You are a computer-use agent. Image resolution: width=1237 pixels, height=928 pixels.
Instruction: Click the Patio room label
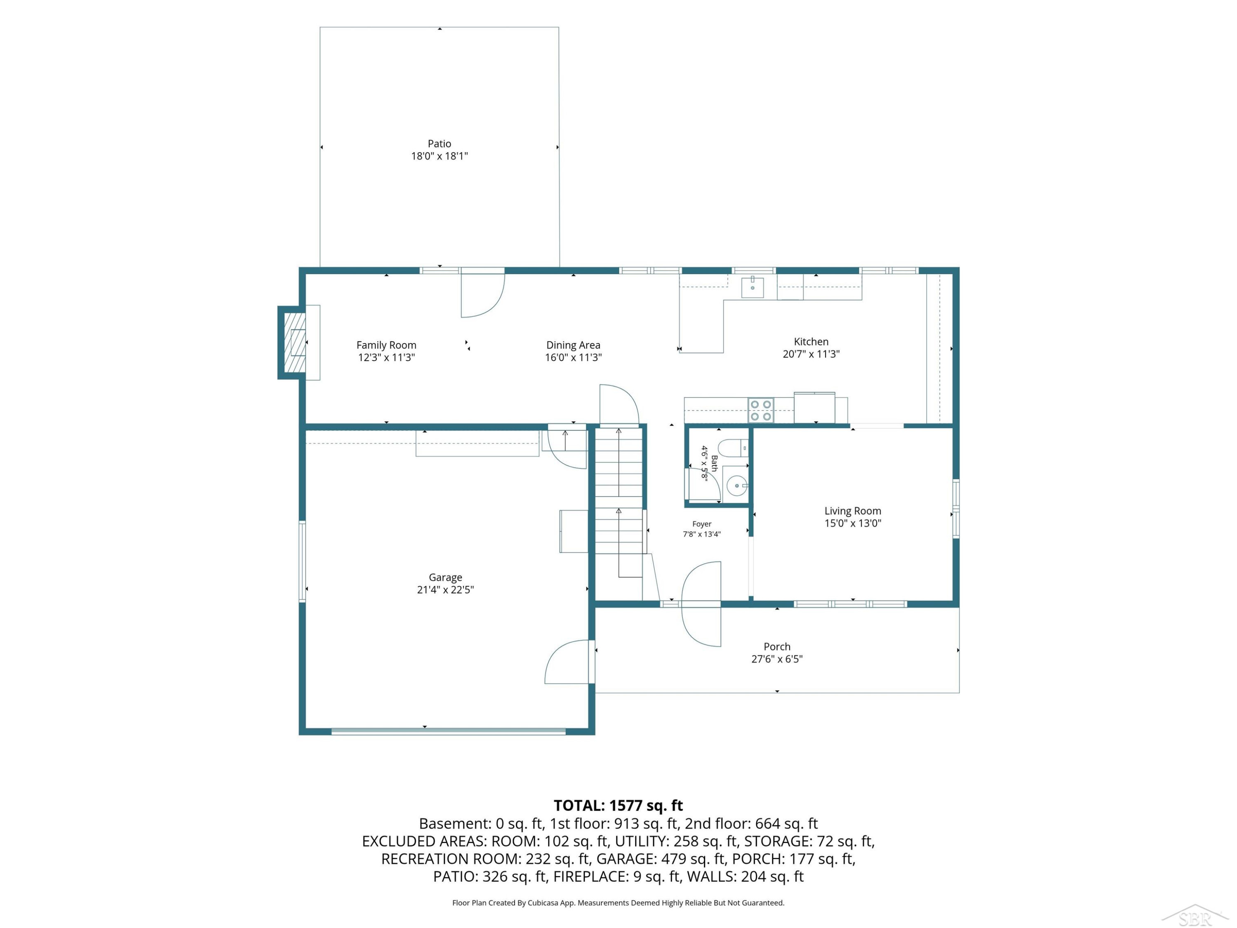coord(439,144)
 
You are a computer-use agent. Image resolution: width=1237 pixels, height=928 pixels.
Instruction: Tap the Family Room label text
coord(386,345)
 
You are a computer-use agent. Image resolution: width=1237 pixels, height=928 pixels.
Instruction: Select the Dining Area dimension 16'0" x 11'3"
coord(573,358)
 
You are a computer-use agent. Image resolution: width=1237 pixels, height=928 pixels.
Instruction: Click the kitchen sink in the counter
coord(753,287)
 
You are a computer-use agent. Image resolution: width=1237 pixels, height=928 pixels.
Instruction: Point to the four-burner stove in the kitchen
coord(761,410)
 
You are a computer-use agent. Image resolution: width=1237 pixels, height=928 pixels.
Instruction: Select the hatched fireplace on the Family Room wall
coord(295,342)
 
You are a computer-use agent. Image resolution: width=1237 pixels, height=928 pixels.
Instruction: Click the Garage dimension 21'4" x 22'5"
coord(445,589)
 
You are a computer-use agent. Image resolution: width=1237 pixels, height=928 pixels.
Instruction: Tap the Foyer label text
coord(702,524)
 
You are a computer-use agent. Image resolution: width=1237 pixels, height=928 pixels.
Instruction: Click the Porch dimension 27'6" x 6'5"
coord(777,659)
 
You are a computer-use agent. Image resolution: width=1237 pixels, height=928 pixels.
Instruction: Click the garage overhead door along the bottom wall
coord(449,730)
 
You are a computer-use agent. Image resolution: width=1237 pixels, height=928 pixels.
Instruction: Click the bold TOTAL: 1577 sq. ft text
coord(618,806)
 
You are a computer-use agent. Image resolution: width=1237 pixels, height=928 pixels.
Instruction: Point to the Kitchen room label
coord(811,342)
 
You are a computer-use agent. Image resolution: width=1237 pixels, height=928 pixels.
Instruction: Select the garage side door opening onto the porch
coord(568,662)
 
